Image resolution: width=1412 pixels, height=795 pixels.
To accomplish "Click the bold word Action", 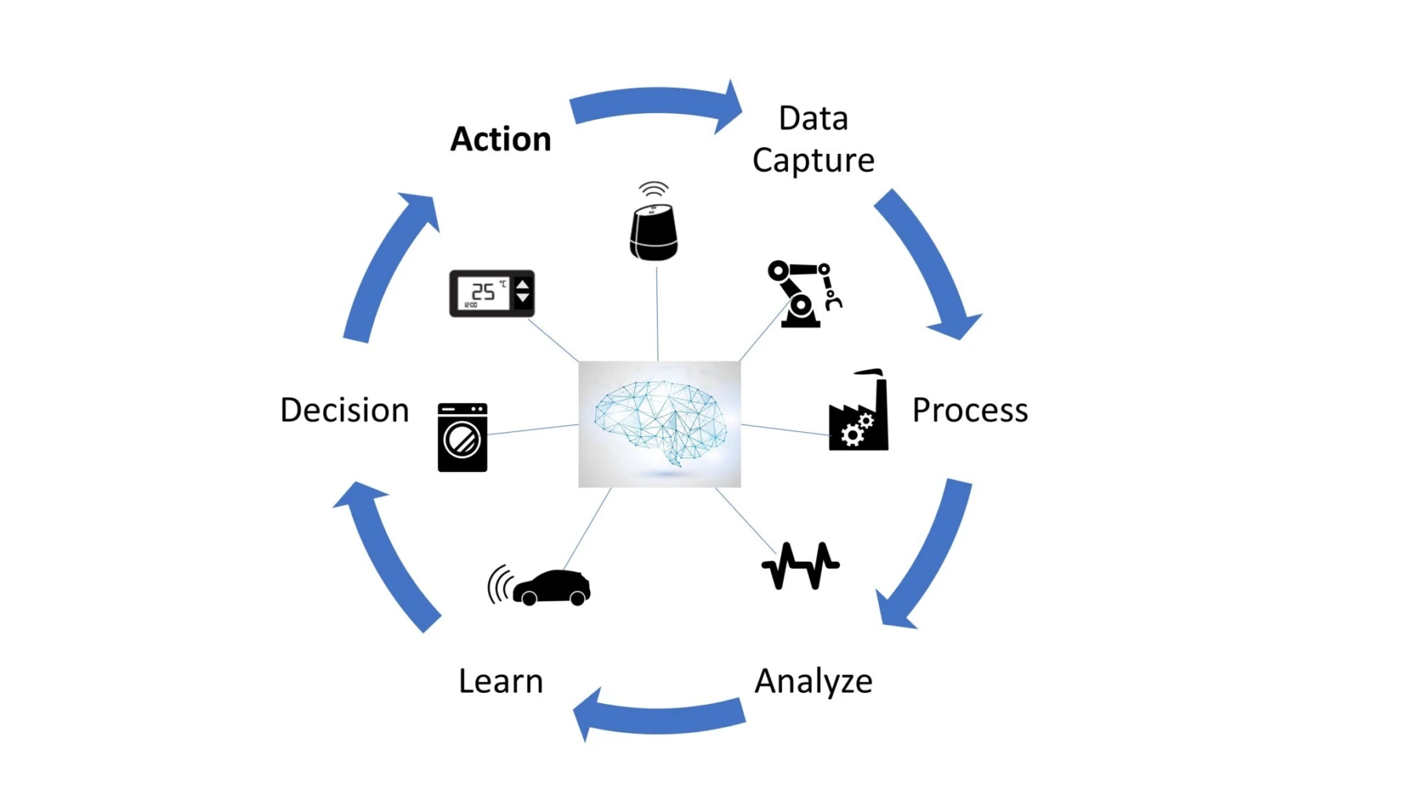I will (x=501, y=139).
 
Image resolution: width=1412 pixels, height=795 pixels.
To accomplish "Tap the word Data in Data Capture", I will (x=813, y=119).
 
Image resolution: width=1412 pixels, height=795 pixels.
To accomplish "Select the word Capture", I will (x=813, y=160).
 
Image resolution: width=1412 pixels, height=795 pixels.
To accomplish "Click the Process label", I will (x=969, y=410).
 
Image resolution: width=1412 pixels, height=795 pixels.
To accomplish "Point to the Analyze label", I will (x=813, y=681).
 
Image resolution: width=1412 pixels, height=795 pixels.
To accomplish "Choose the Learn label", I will (x=501, y=681).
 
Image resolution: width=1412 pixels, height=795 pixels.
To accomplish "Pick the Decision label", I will (x=345, y=410).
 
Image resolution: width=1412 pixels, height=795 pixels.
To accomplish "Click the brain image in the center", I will (x=659, y=424).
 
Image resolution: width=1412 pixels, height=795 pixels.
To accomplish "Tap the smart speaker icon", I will (x=654, y=229).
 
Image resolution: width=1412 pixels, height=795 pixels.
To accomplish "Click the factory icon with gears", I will (x=859, y=412).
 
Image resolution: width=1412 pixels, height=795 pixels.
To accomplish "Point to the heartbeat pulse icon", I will (x=801, y=566).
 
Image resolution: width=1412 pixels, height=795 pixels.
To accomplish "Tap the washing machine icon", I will (x=462, y=438).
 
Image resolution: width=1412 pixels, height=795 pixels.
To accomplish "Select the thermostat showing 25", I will (x=491, y=294).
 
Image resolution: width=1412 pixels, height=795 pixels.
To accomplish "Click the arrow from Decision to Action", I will (x=389, y=267).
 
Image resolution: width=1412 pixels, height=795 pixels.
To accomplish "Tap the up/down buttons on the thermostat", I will (x=523, y=292).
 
